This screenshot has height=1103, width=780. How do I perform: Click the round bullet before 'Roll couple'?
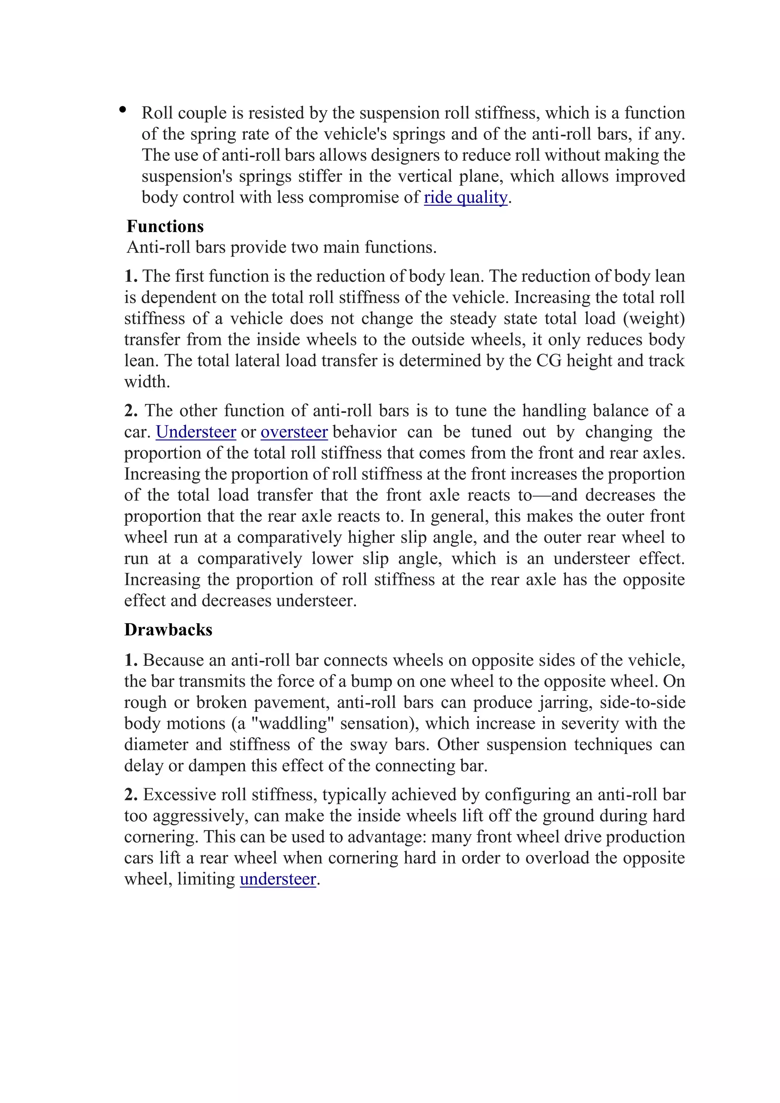point(123,110)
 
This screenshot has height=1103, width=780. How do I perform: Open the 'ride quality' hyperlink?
point(465,197)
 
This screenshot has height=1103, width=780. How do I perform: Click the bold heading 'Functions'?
point(165,226)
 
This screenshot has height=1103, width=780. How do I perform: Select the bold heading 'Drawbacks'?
point(168,630)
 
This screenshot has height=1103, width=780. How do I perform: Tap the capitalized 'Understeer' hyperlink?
point(196,432)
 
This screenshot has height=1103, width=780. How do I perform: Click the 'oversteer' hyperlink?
point(294,432)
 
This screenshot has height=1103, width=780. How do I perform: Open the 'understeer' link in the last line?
point(278,879)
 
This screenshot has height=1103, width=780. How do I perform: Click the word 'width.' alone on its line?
point(147,382)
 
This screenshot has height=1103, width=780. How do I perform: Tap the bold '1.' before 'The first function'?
point(131,276)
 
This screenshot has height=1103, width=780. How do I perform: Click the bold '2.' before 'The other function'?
point(131,411)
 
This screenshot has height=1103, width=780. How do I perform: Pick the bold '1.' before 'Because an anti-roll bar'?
point(131,660)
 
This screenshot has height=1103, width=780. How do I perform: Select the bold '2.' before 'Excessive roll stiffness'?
point(131,794)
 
